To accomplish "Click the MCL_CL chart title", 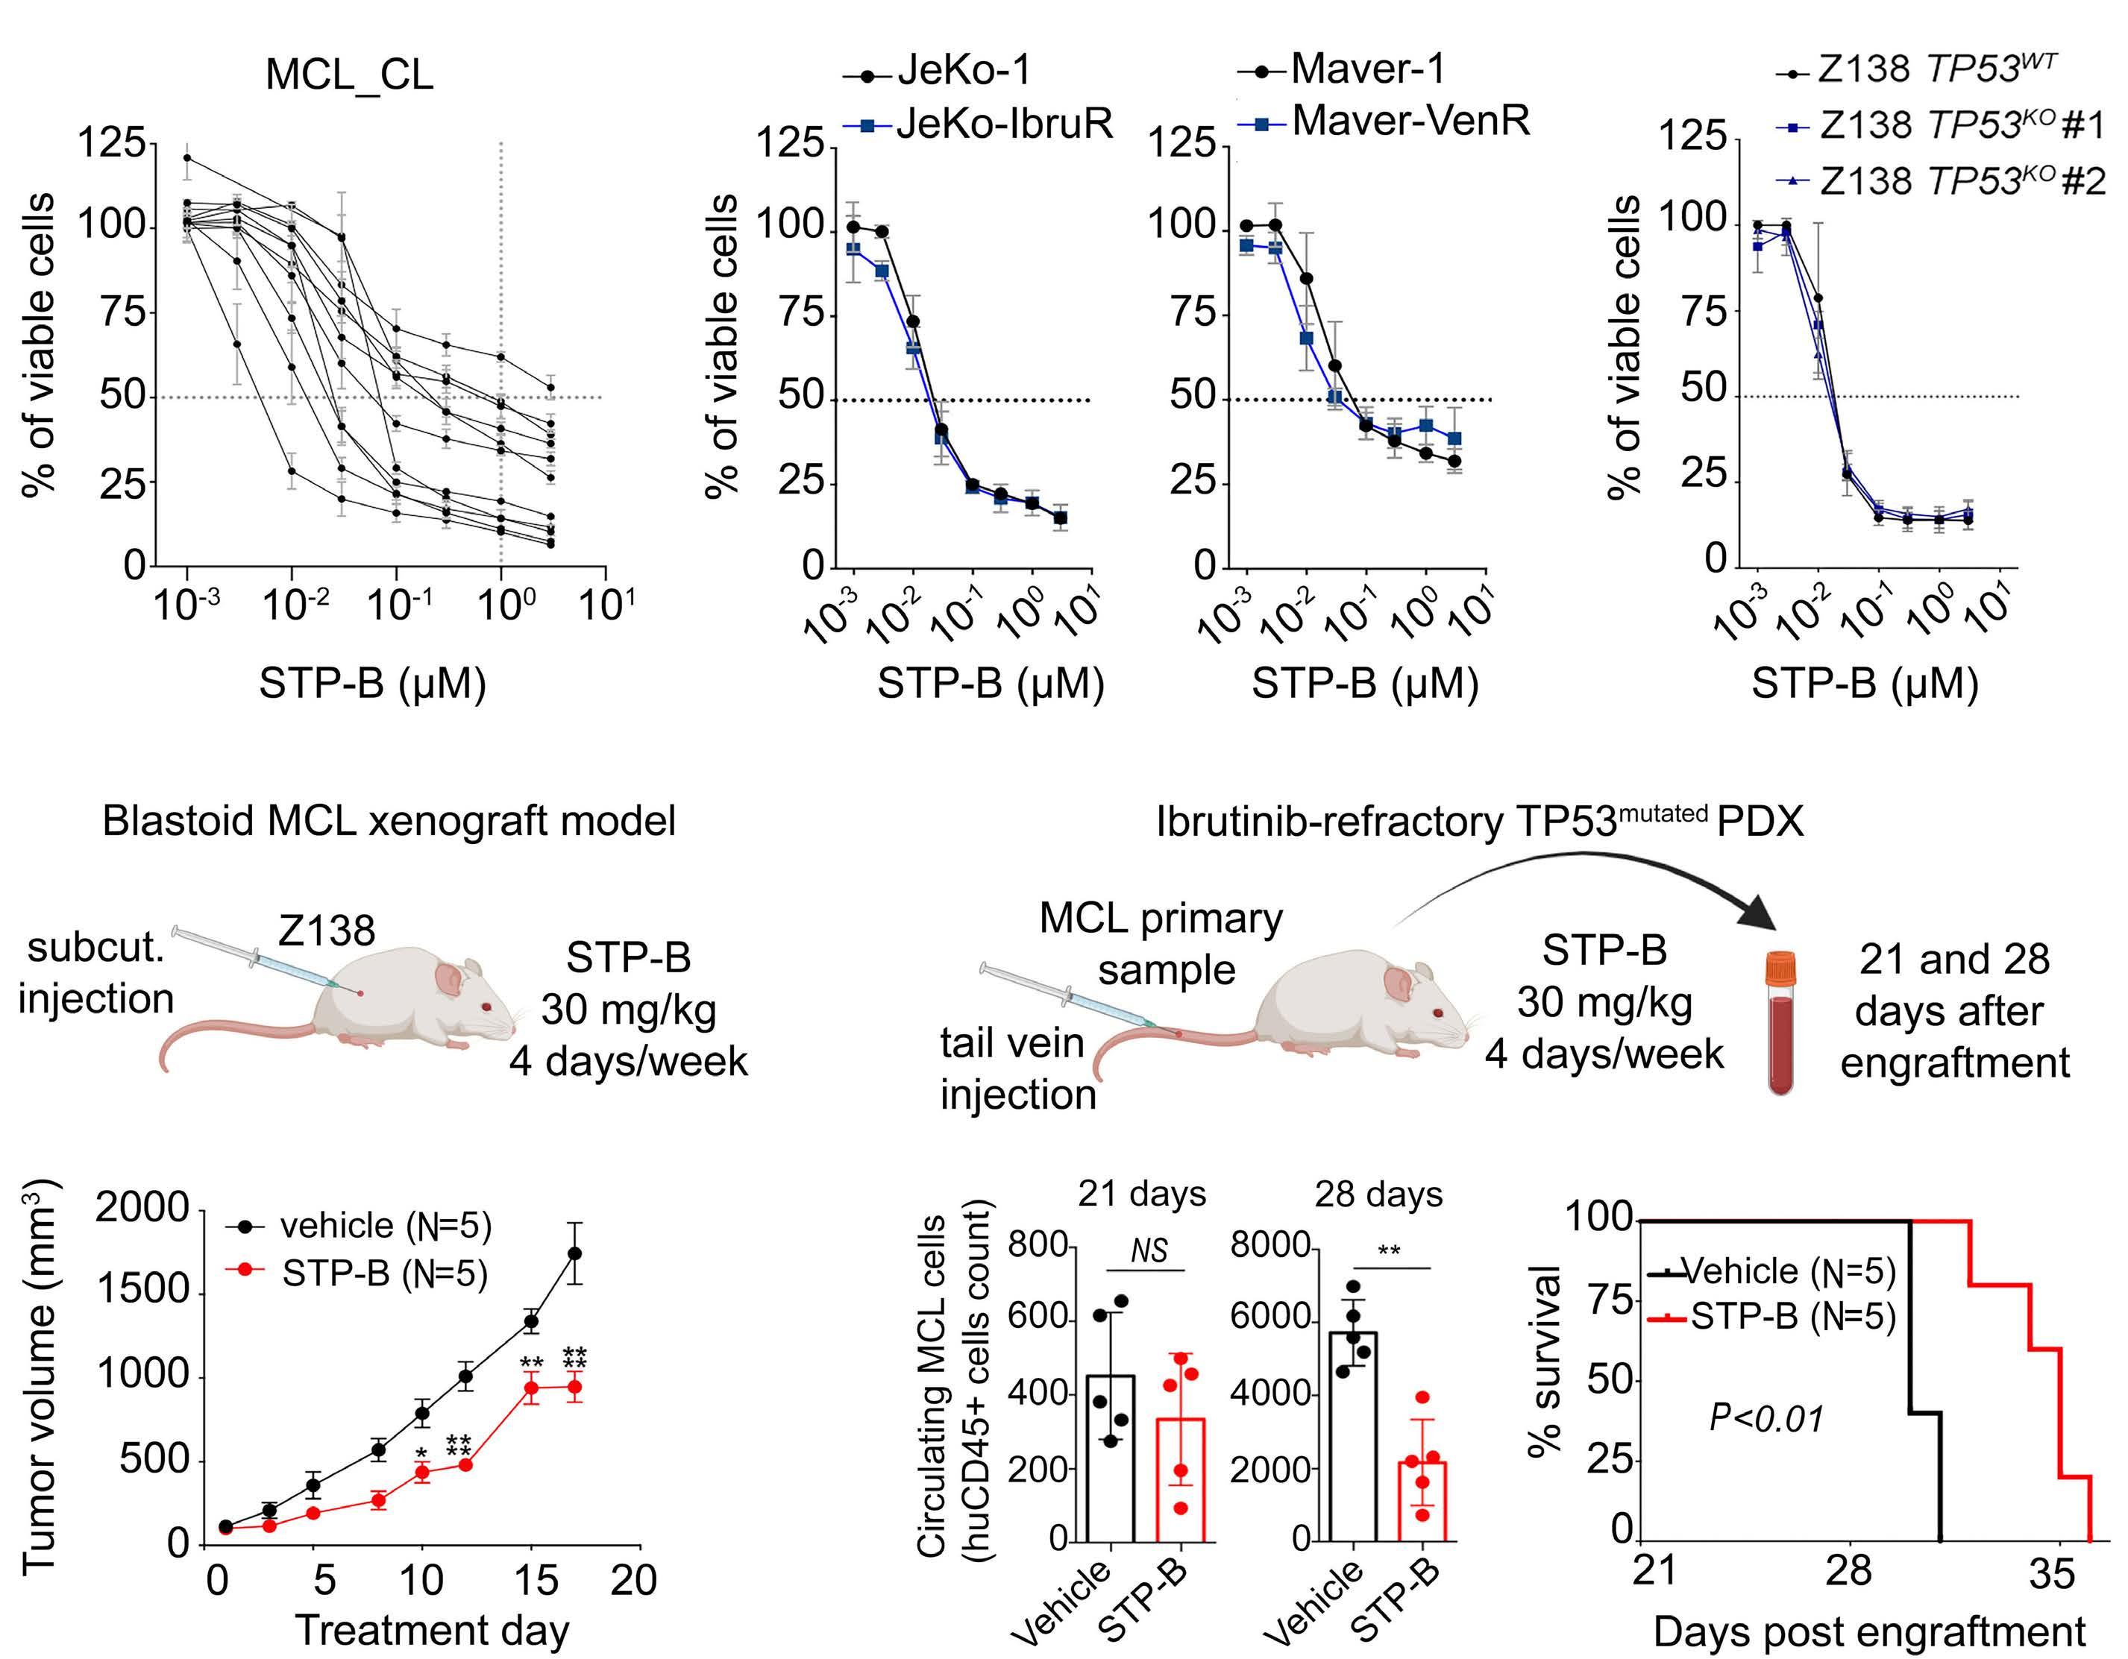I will click(349, 74).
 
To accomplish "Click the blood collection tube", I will click(1781, 1023).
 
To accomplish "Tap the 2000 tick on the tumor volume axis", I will click(141, 1208).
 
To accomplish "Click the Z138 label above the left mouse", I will click(327, 931).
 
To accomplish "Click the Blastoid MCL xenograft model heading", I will click(389, 821).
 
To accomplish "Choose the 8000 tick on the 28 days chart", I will click(1270, 1246).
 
